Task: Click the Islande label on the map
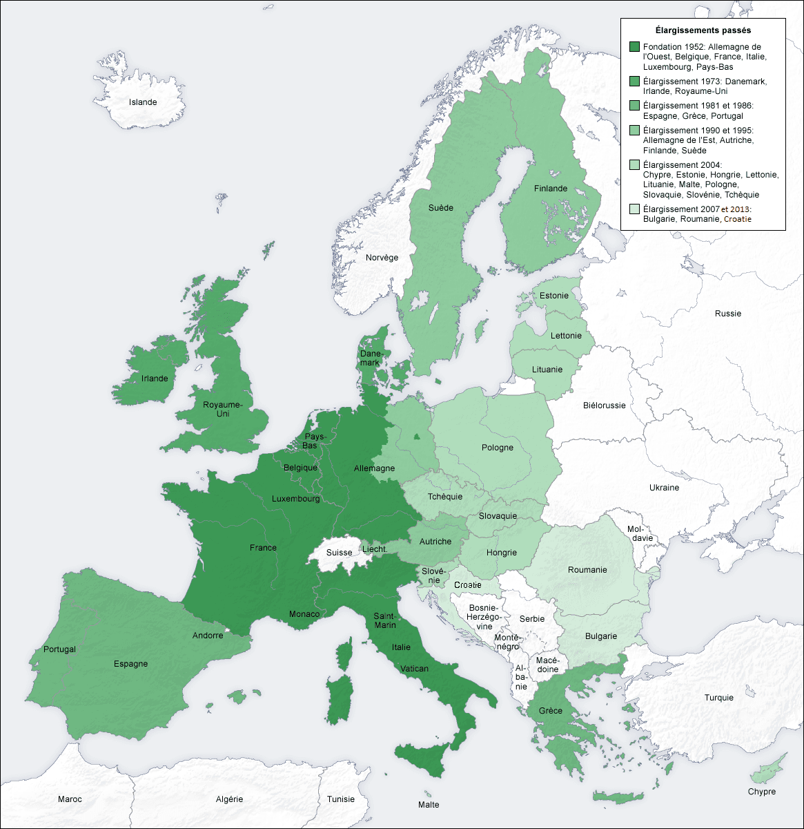[143, 102]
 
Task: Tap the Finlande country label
[550, 189]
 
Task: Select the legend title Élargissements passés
[703, 30]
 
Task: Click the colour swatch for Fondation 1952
[634, 47]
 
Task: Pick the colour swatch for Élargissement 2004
[634, 165]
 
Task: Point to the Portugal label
[59, 649]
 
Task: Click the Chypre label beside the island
[761, 792]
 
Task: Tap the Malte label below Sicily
[428, 804]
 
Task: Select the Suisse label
[339, 553]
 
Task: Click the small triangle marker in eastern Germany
[416, 437]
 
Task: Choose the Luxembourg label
[295, 499]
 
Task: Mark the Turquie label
[718, 698]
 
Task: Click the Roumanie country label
[587, 570]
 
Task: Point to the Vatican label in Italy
[414, 669]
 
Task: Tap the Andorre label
[207, 636]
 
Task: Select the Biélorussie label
[604, 406]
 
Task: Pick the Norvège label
[382, 258]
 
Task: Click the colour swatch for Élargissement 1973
[634, 82]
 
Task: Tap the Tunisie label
[340, 799]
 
